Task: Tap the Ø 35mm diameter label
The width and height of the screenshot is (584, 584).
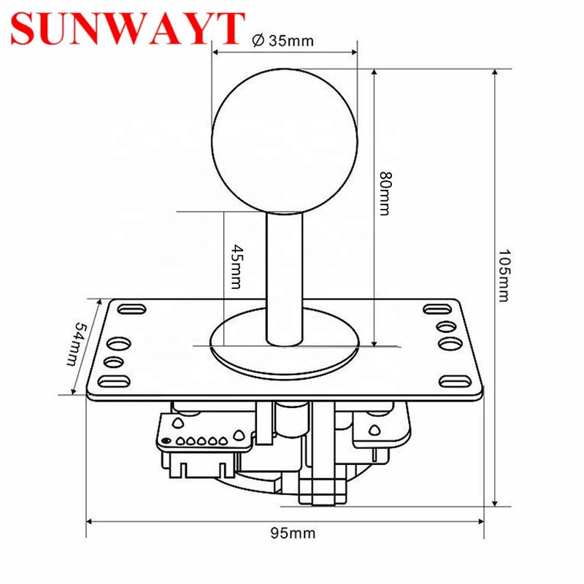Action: (283, 41)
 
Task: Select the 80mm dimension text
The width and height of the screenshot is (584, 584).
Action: (385, 193)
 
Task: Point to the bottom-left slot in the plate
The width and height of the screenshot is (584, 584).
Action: (112, 380)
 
